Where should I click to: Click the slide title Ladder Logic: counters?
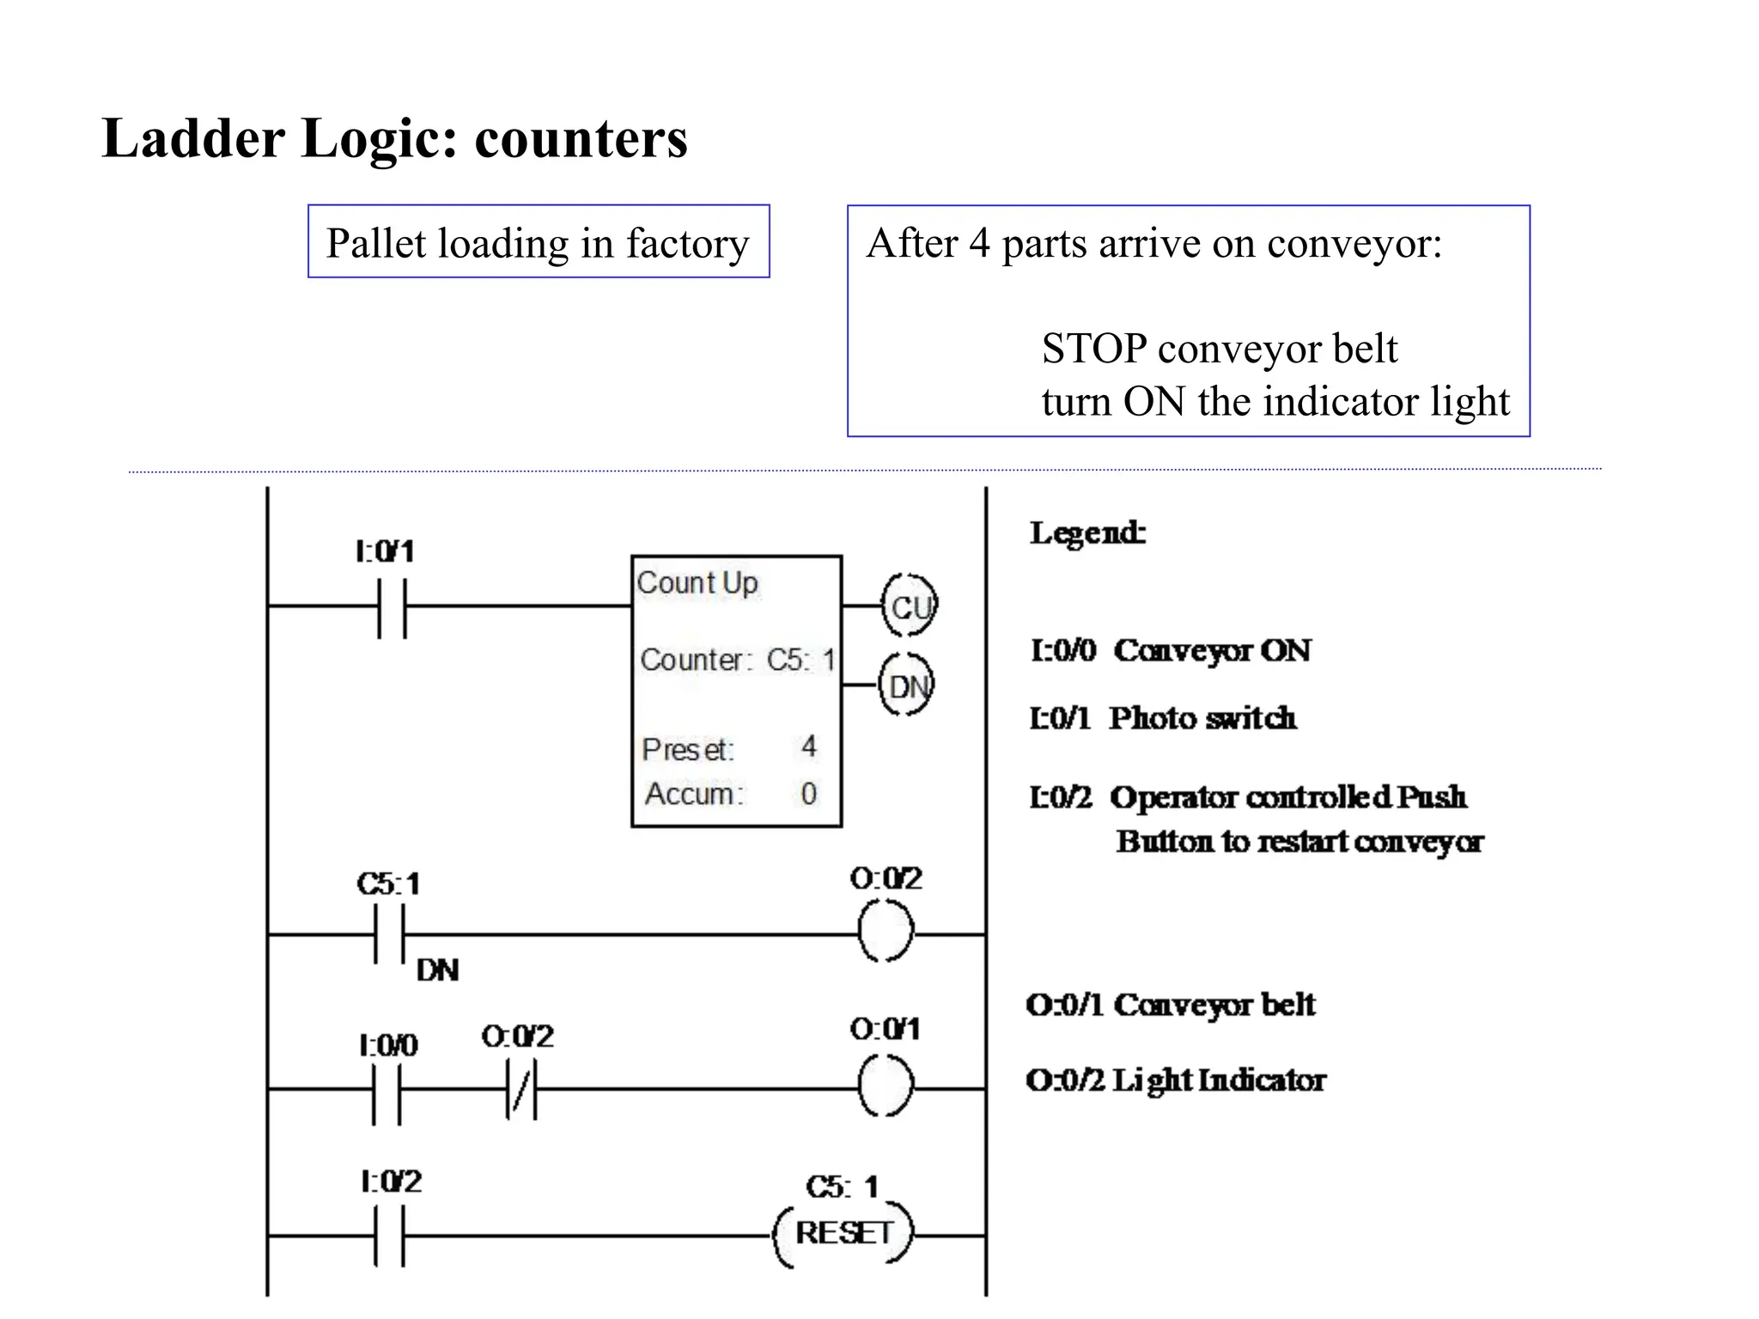tap(394, 138)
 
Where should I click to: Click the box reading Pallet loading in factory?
tap(539, 242)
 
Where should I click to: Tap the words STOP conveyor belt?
tap(1219, 349)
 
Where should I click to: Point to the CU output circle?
tap(910, 606)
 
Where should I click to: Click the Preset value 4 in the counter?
tap(808, 746)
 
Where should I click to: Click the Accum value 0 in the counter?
tap(808, 793)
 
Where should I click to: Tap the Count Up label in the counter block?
tap(697, 583)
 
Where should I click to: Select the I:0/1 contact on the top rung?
tap(392, 606)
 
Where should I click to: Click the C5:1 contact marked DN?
tap(389, 934)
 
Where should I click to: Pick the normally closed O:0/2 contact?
tap(521, 1089)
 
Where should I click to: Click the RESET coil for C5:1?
tap(843, 1234)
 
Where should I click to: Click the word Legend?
tap(1087, 533)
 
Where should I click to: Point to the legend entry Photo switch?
tap(1163, 718)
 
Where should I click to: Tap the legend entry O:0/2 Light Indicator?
tap(1176, 1080)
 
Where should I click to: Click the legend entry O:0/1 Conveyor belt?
tap(1171, 1005)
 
